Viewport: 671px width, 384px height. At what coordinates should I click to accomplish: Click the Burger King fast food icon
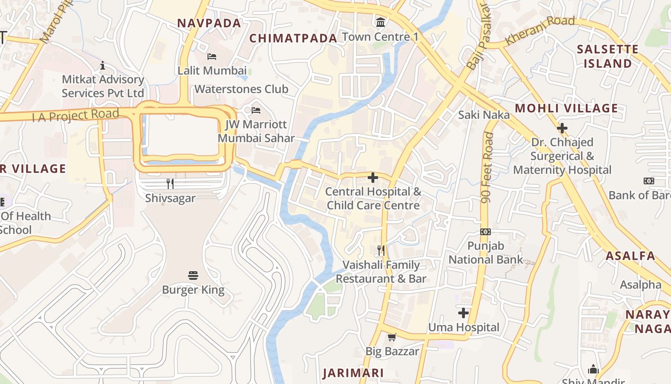coord(193,276)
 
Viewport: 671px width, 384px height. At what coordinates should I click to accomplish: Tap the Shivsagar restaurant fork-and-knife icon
coord(170,183)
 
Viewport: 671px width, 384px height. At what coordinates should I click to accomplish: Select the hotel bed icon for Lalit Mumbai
coord(211,57)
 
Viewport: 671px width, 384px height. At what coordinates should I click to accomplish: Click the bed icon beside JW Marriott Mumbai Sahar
coord(256,110)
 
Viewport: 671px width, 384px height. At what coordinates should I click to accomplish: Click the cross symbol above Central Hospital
coord(372,178)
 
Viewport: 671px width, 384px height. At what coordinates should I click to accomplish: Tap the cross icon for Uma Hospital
coord(463,313)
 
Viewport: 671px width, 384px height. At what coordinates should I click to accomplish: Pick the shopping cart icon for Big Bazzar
coord(392,337)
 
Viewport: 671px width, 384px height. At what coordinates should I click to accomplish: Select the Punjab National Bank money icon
coord(486,232)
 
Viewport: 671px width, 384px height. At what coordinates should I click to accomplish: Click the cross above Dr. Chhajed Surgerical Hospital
coord(562,128)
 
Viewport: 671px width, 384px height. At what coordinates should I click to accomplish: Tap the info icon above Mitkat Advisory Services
coord(102,65)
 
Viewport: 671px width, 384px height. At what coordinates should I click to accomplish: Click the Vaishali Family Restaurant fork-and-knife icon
coord(381,251)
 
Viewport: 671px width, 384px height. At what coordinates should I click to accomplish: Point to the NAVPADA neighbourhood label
coord(209,23)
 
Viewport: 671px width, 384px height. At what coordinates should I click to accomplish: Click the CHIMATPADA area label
coord(293,38)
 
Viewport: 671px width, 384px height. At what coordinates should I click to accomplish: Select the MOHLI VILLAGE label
coord(567,108)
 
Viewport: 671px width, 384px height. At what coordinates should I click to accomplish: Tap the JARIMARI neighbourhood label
coord(353,373)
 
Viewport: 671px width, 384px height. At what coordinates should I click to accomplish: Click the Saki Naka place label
coord(484,115)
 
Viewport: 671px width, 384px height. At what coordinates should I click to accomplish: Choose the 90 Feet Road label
coord(488,168)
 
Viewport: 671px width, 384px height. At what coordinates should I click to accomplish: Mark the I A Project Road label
coord(75,116)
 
